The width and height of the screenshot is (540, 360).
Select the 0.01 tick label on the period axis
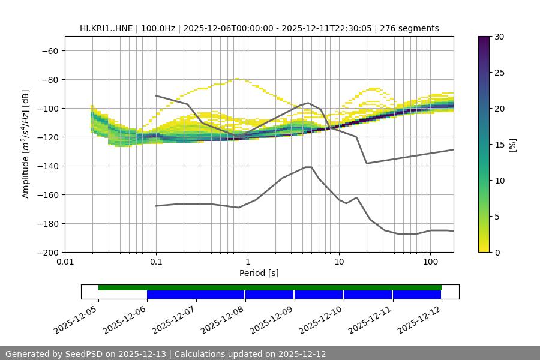(65, 262)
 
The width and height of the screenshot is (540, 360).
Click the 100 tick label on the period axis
(430, 262)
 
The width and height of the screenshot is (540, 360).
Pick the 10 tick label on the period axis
(338, 262)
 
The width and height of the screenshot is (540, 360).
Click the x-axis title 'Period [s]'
(259, 273)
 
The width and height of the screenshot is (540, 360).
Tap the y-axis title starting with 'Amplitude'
(26, 144)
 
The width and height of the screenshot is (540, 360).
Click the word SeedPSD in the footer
(84, 354)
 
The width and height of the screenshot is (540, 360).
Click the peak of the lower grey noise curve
(308, 167)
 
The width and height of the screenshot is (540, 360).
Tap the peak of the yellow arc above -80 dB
(238, 79)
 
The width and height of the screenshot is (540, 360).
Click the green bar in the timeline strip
(270, 287)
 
